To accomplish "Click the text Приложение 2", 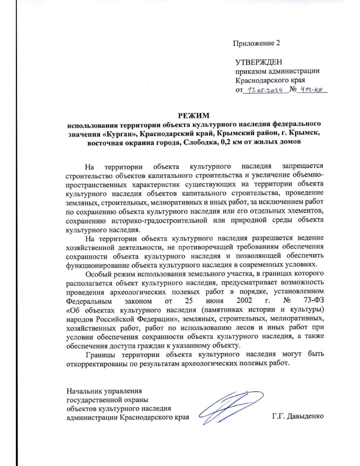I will pos(256,43).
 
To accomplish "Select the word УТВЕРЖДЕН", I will pos(259,62).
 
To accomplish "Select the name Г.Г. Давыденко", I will pos(298,416).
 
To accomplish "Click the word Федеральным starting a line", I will pos(89,301).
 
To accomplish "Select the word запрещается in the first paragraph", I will pos(303,166).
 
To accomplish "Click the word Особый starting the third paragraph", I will pos(97,274).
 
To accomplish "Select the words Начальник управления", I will pos(104,391).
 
